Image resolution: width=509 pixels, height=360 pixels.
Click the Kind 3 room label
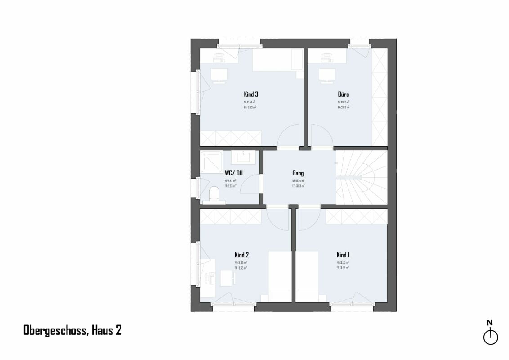(x=250, y=94)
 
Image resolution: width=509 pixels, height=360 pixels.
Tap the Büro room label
(x=344, y=94)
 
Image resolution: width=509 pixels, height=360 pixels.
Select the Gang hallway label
(x=298, y=173)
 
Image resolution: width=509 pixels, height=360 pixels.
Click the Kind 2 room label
(x=241, y=255)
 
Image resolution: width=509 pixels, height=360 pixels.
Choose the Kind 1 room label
(x=343, y=255)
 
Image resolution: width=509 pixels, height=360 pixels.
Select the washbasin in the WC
(x=243, y=157)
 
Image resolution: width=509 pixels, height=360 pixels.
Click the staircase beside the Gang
(x=362, y=177)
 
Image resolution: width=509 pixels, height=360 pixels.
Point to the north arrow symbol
(x=490, y=337)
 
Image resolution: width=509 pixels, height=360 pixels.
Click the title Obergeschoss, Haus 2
(x=72, y=330)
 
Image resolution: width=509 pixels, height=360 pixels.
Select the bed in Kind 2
(x=279, y=276)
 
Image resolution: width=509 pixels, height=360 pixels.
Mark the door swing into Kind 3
(x=288, y=137)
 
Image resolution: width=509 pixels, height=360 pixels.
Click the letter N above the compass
(x=490, y=322)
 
